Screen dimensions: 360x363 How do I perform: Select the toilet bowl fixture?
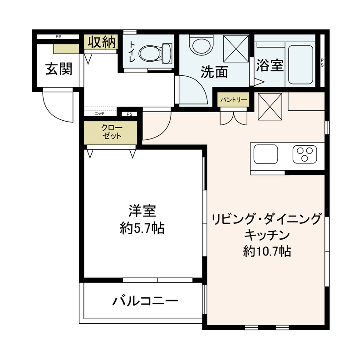(x=155, y=54)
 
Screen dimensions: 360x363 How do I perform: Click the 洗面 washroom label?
(x=214, y=72)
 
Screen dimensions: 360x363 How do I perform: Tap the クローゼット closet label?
(x=111, y=132)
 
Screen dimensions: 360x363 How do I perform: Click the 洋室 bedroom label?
(x=142, y=212)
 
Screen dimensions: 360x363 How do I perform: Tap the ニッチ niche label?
(x=99, y=114)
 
